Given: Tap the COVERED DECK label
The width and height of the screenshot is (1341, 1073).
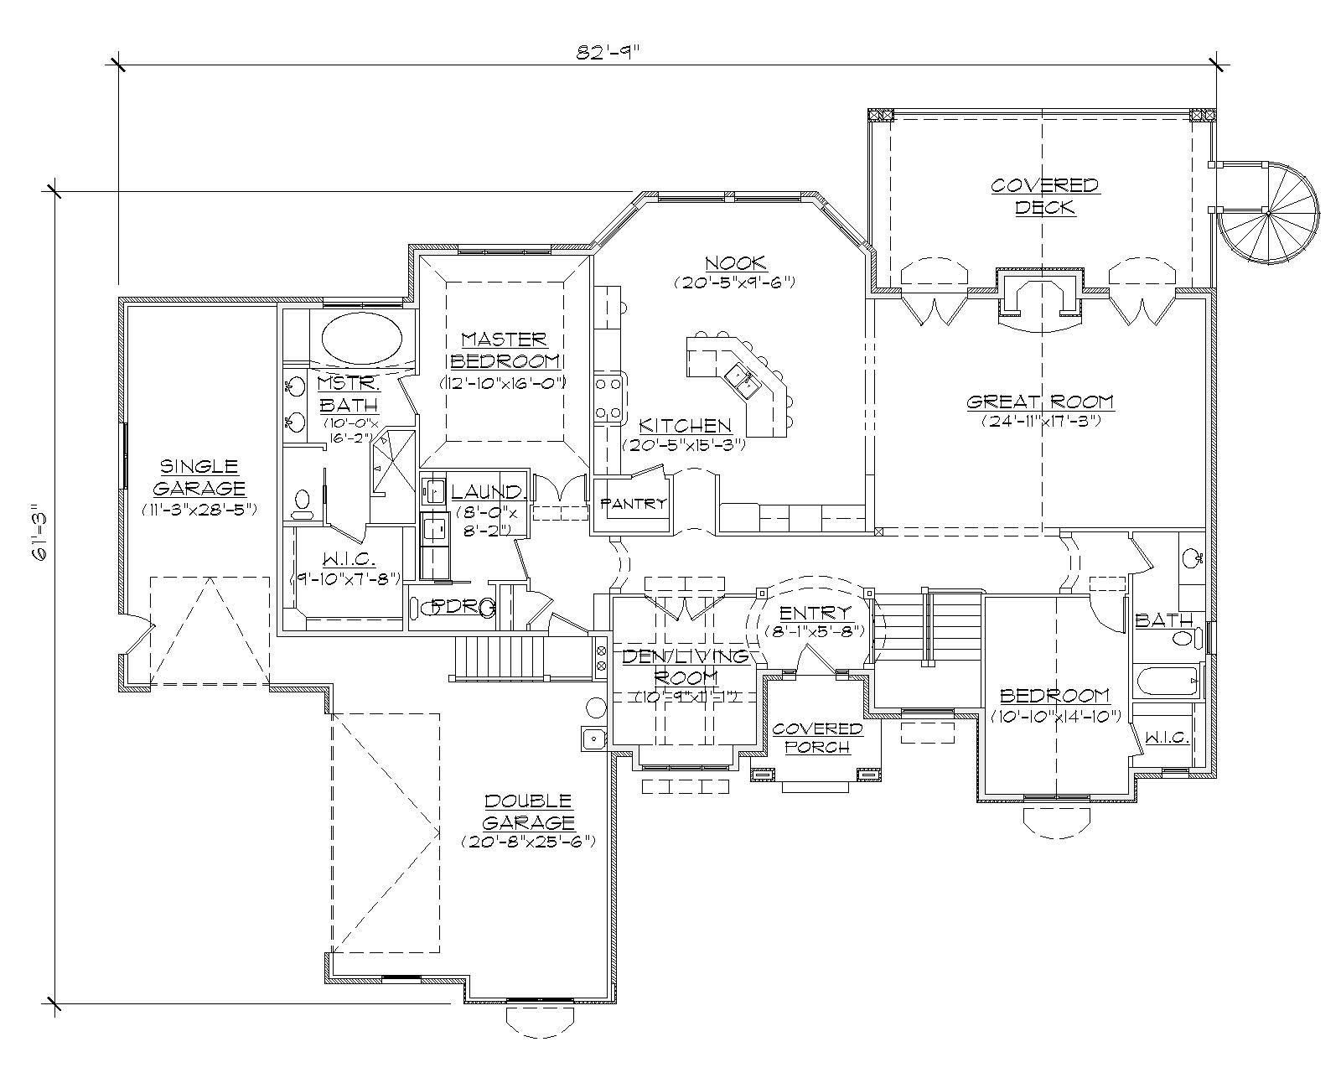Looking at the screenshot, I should pos(1044,195).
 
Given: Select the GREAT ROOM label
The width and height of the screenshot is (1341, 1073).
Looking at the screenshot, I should pos(1040,402).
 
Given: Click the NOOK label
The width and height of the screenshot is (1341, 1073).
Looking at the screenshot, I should pos(734,263).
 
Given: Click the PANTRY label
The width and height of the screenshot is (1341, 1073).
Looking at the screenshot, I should pos(634,504).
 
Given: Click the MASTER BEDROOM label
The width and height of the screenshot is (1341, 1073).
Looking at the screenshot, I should pos(505,350).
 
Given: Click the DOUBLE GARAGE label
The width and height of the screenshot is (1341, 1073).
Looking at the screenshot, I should pos(528,811).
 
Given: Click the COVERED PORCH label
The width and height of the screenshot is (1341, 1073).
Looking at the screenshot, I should pos(817,738).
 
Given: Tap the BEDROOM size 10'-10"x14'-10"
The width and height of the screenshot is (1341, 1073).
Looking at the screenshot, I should pos(1054,717).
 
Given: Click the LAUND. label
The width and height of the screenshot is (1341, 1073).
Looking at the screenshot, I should pos(489,492).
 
